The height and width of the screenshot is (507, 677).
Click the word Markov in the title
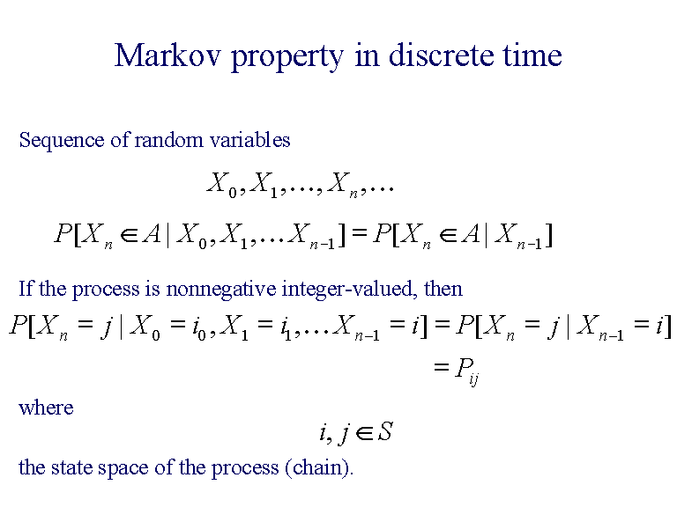click(168, 55)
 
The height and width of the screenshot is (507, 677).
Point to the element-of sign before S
click(362, 432)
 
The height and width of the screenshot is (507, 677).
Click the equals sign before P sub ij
click(441, 368)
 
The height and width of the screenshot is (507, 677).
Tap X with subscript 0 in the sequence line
click(220, 184)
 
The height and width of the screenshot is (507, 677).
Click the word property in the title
click(286, 57)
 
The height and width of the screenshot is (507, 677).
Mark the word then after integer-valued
click(443, 288)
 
